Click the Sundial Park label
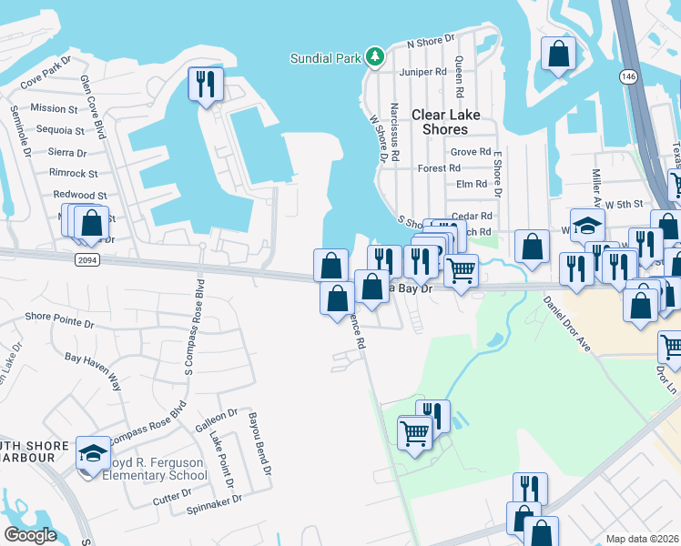pyautogui.click(x=326, y=58)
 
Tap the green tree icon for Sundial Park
pyautogui.click(x=374, y=57)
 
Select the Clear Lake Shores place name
pyautogui.click(x=452, y=122)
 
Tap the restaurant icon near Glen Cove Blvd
pyautogui.click(x=205, y=85)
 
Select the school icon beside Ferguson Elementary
pyautogui.click(x=92, y=454)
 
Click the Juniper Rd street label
pyautogui.click(x=428, y=71)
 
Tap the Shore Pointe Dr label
pyautogui.click(x=60, y=318)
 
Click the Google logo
pyautogui.click(x=30, y=534)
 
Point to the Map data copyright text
pyautogui.click(x=642, y=539)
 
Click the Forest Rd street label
pyautogui.click(x=439, y=168)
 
